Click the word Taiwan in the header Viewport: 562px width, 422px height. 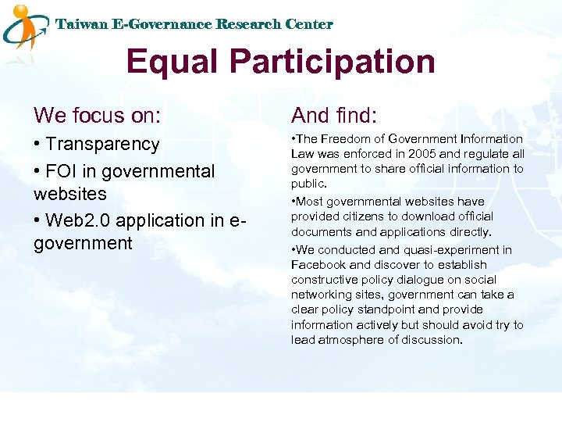click(81, 24)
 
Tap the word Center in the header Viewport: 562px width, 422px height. click(308, 24)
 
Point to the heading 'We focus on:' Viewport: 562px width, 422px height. click(98, 116)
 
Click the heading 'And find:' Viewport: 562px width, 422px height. click(334, 116)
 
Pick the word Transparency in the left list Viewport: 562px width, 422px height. click(102, 144)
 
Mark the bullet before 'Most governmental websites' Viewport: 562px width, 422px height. click(293, 202)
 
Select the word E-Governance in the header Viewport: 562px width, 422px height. click(163, 24)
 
